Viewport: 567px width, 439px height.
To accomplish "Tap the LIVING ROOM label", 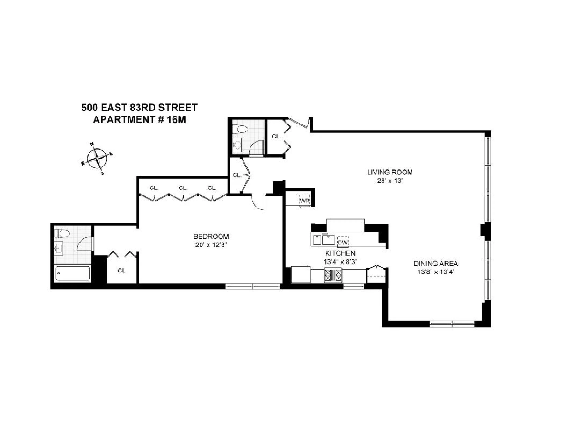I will pyautogui.click(x=390, y=172).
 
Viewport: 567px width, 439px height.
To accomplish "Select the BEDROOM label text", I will pyautogui.click(x=211, y=236).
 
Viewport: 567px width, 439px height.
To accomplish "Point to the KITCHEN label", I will pyautogui.click(x=340, y=253).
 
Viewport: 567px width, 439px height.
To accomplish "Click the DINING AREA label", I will pyautogui.click(x=436, y=263).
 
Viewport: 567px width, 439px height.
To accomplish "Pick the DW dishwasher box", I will pyautogui.click(x=343, y=242).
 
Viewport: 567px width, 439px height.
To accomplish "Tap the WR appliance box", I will pyautogui.click(x=304, y=201).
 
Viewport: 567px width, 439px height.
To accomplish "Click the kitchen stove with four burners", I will pyautogui.click(x=333, y=275).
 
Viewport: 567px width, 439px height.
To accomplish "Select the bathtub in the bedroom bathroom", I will pyautogui.click(x=73, y=273).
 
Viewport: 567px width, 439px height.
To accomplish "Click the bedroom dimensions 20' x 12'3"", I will pyautogui.click(x=211, y=245).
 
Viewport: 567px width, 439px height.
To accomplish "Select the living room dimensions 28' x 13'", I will pyautogui.click(x=390, y=180).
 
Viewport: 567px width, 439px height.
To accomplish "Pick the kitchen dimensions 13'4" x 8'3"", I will pyautogui.click(x=340, y=262).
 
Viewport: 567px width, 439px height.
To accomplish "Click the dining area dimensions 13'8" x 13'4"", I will pyautogui.click(x=436, y=272).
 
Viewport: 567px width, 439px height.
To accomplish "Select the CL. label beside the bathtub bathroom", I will pyautogui.click(x=122, y=270).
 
